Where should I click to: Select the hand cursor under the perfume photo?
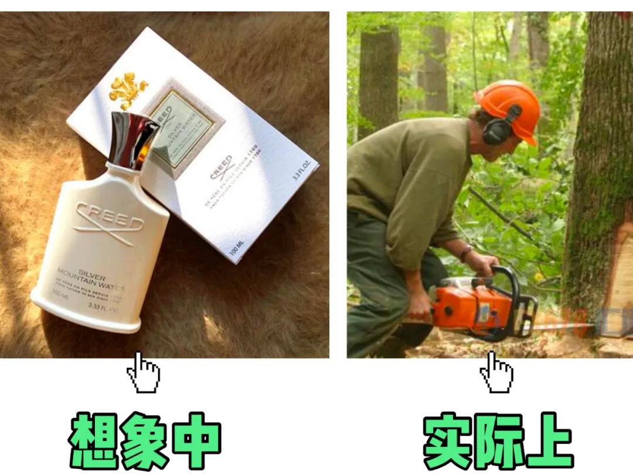(143, 372)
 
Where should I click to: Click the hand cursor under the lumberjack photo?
(496, 372)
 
